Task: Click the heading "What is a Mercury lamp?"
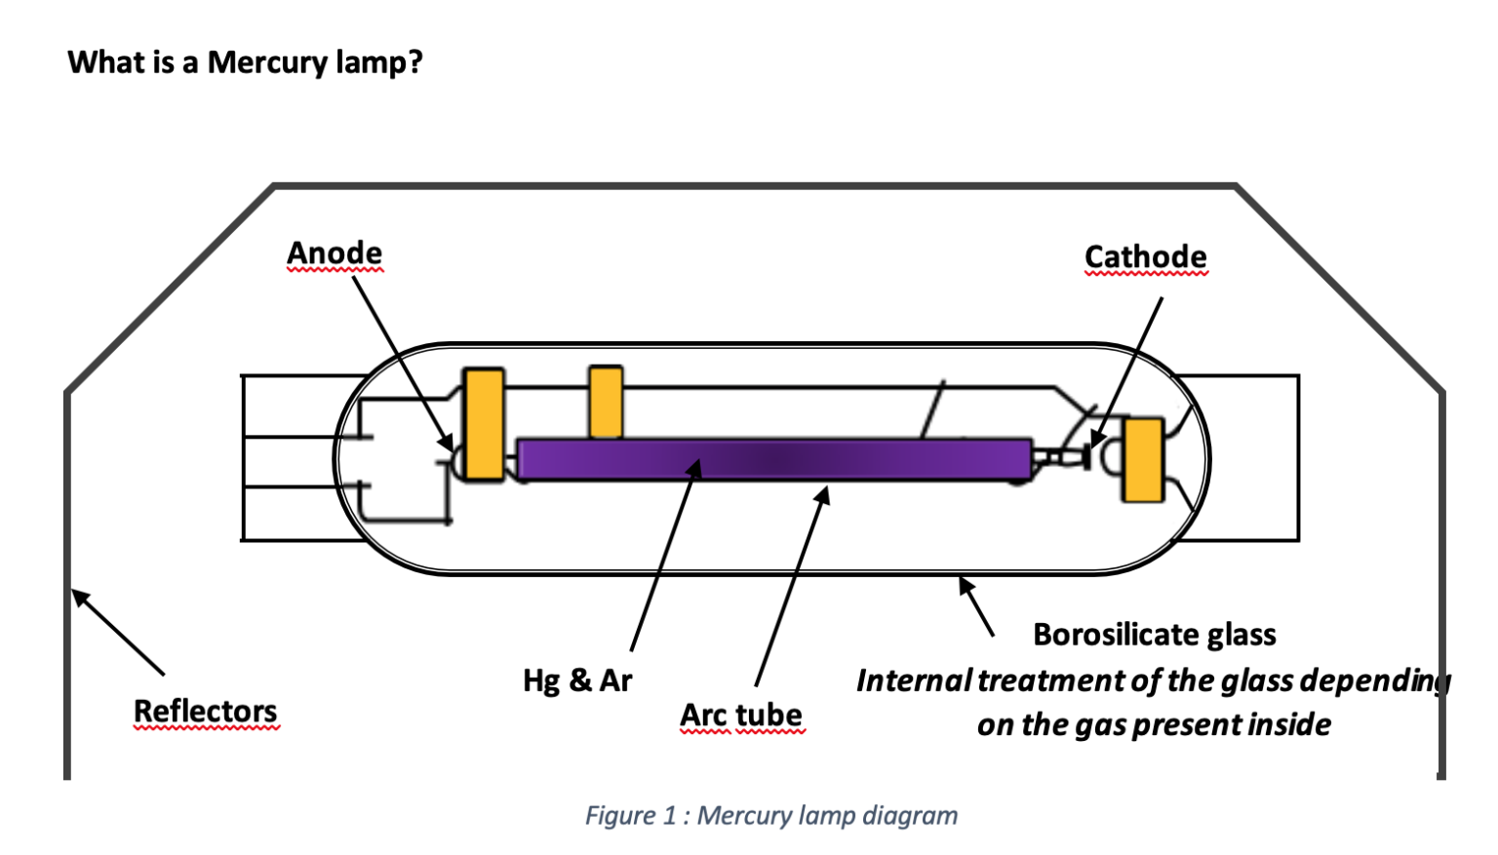(x=245, y=62)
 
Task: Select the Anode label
(x=335, y=253)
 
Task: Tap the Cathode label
(x=1145, y=257)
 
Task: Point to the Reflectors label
(x=205, y=711)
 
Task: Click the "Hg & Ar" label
(x=577, y=680)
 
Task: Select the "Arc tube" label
(x=741, y=715)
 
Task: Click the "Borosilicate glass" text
(x=1154, y=635)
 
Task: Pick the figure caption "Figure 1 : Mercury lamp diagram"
(x=770, y=815)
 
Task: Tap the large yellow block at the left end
(x=483, y=424)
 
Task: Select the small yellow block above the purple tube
(x=606, y=402)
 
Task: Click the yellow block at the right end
(x=1142, y=459)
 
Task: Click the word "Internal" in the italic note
(x=913, y=680)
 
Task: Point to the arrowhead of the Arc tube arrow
(x=824, y=495)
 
